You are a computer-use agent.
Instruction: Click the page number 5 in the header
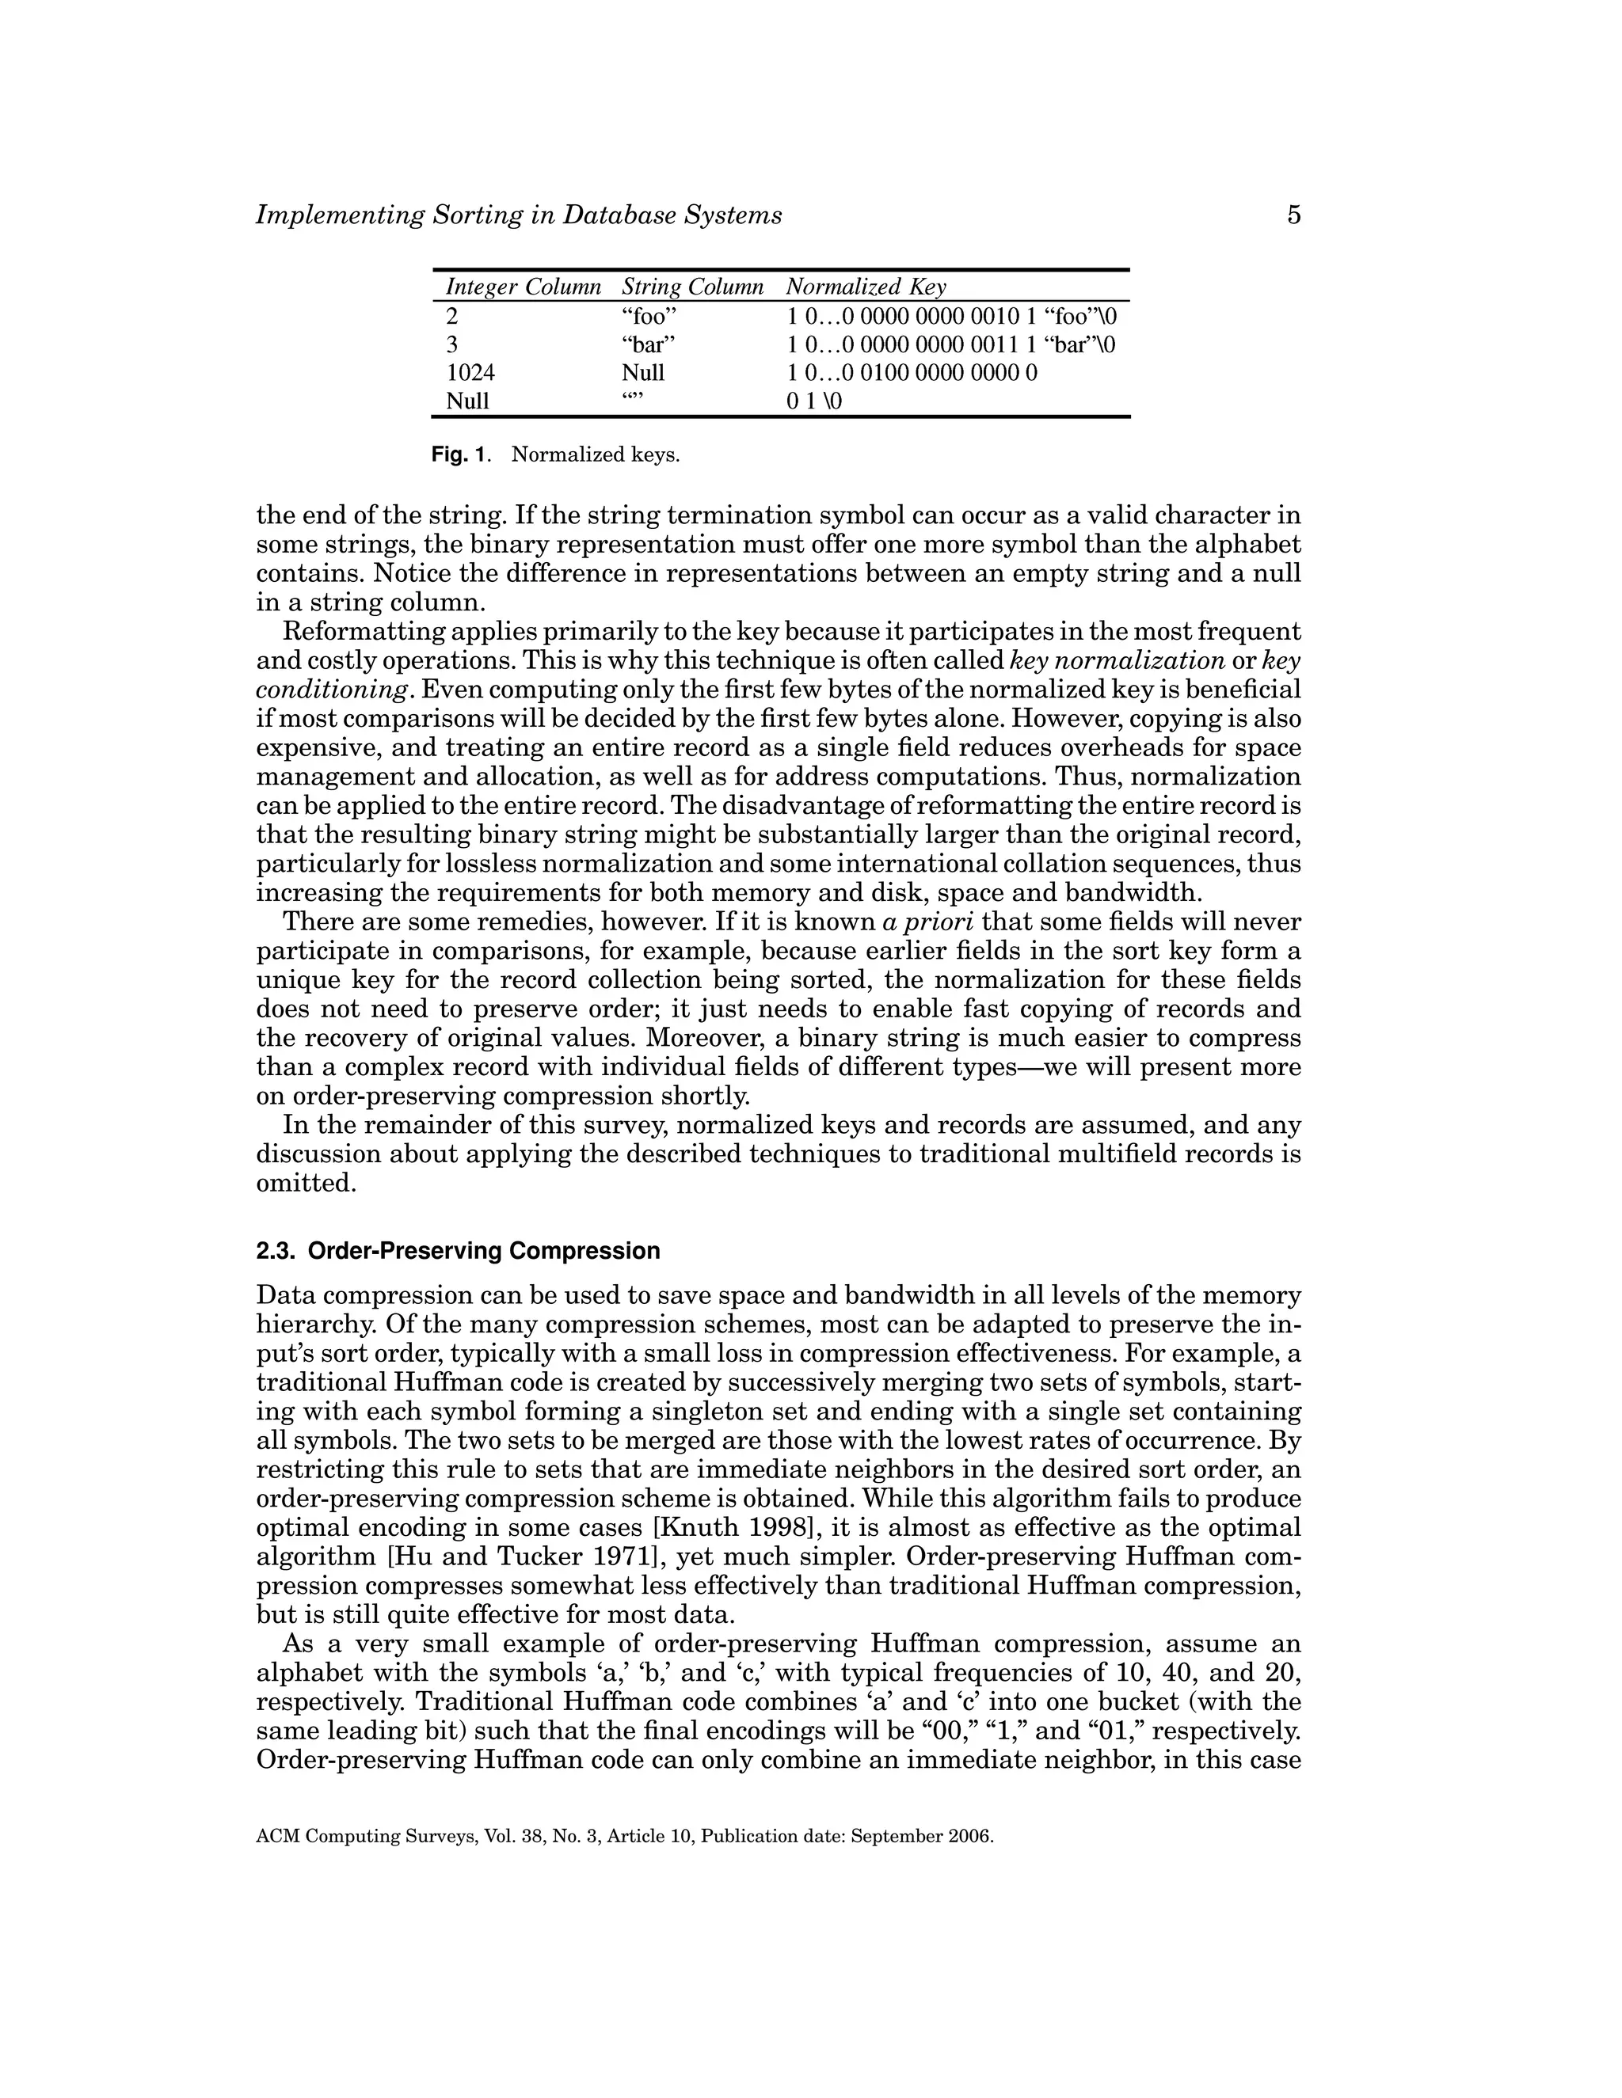pyautogui.click(x=1293, y=215)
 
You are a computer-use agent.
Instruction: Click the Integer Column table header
pyautogui.click(x=523, y=287)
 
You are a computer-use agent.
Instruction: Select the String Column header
pyautogui.click(x=692, y=287)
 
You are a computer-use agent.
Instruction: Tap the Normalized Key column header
pyautogui.click(x=866, y=287)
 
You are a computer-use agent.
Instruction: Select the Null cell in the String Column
pyautogui.click(x=643, y=373)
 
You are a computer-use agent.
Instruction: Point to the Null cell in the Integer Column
pyautogui.click(x=467, y=401)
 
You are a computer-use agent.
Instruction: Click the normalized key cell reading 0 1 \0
pyautogui.click(x=814, y=401)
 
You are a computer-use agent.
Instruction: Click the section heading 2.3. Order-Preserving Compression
pyautogui.click(x=459, y=1251)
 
